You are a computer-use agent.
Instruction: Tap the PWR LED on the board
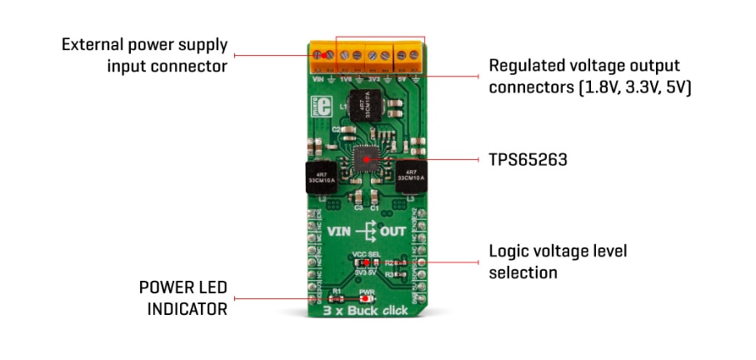point(367,298)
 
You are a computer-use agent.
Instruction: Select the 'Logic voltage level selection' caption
point(557,261)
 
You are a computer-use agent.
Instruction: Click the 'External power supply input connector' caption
point(144,54)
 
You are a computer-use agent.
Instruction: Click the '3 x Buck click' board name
point(366,312)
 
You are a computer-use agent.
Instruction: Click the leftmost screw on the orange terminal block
point(318,55)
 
